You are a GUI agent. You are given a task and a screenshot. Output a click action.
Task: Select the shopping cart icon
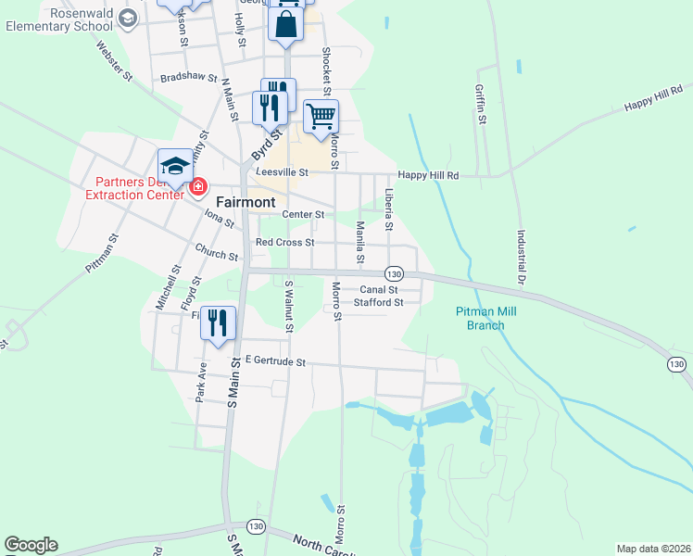[321, 117]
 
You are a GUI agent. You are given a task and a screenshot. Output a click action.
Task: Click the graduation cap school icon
[175, 167]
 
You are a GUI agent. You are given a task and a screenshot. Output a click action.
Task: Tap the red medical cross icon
[197, 187]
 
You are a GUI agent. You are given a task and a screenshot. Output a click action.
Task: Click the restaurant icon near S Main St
[219, 322]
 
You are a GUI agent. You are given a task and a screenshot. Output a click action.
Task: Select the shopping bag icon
[286, 22]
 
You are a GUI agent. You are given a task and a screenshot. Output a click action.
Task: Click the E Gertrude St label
[274, 362]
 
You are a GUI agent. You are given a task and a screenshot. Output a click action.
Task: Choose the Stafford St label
[379, 302]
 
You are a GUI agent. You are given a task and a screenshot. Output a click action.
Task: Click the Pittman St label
[102, 251]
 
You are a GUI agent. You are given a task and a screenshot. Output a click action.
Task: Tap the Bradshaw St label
[188, 79]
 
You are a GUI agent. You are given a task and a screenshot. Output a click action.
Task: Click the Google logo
[31, 545]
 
